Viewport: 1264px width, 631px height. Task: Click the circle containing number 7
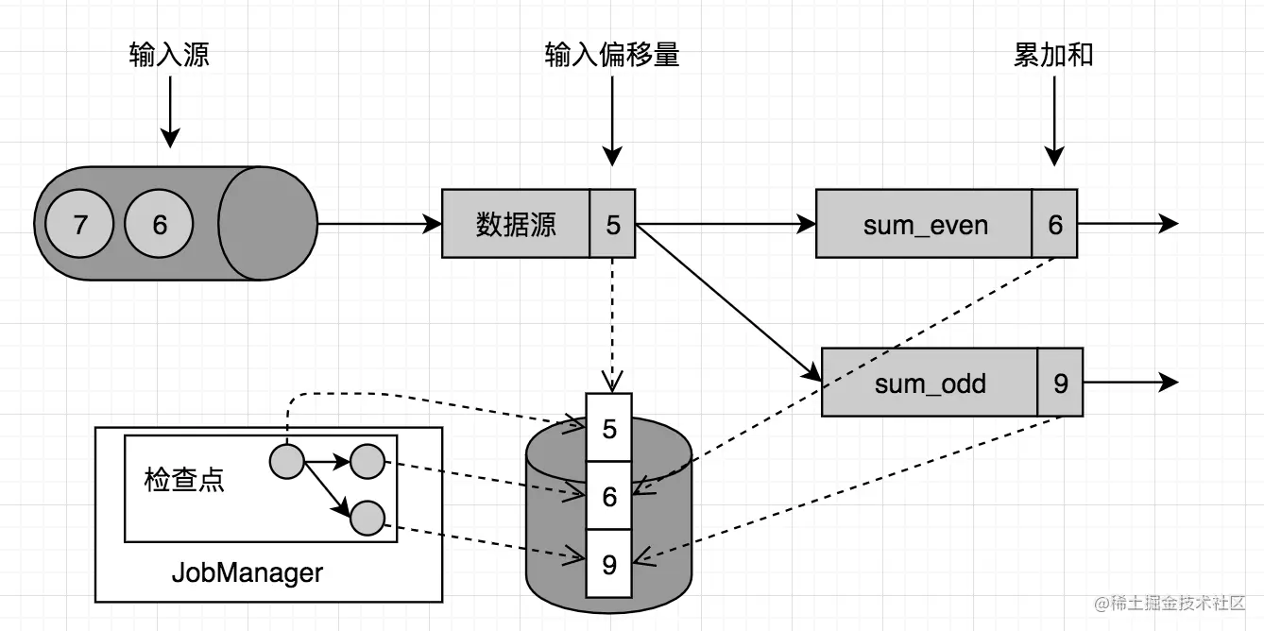80,225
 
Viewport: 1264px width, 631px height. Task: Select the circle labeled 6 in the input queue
159,225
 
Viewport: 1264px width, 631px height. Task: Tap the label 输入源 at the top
169,55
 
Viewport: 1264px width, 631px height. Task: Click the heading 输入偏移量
612,55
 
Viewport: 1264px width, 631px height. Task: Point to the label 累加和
1053,55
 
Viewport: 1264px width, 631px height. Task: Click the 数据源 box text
516,224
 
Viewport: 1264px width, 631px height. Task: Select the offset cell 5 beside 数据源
613,224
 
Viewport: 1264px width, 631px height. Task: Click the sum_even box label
925,225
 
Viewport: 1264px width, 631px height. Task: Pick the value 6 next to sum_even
1055,225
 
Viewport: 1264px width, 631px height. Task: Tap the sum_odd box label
931,383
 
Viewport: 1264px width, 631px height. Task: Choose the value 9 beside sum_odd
1061,383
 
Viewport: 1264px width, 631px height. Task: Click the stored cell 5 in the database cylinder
609,428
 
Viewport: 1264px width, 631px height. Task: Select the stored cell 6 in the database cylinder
609,495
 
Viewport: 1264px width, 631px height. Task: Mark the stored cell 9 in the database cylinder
609,564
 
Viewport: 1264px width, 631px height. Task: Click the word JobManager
248,572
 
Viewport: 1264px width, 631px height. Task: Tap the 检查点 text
184,480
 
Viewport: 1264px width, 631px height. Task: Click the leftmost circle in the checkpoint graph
286,462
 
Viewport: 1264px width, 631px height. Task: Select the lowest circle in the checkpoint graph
367,518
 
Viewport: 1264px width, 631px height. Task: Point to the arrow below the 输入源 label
169,111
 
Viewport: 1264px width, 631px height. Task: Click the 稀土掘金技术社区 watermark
1170,603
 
